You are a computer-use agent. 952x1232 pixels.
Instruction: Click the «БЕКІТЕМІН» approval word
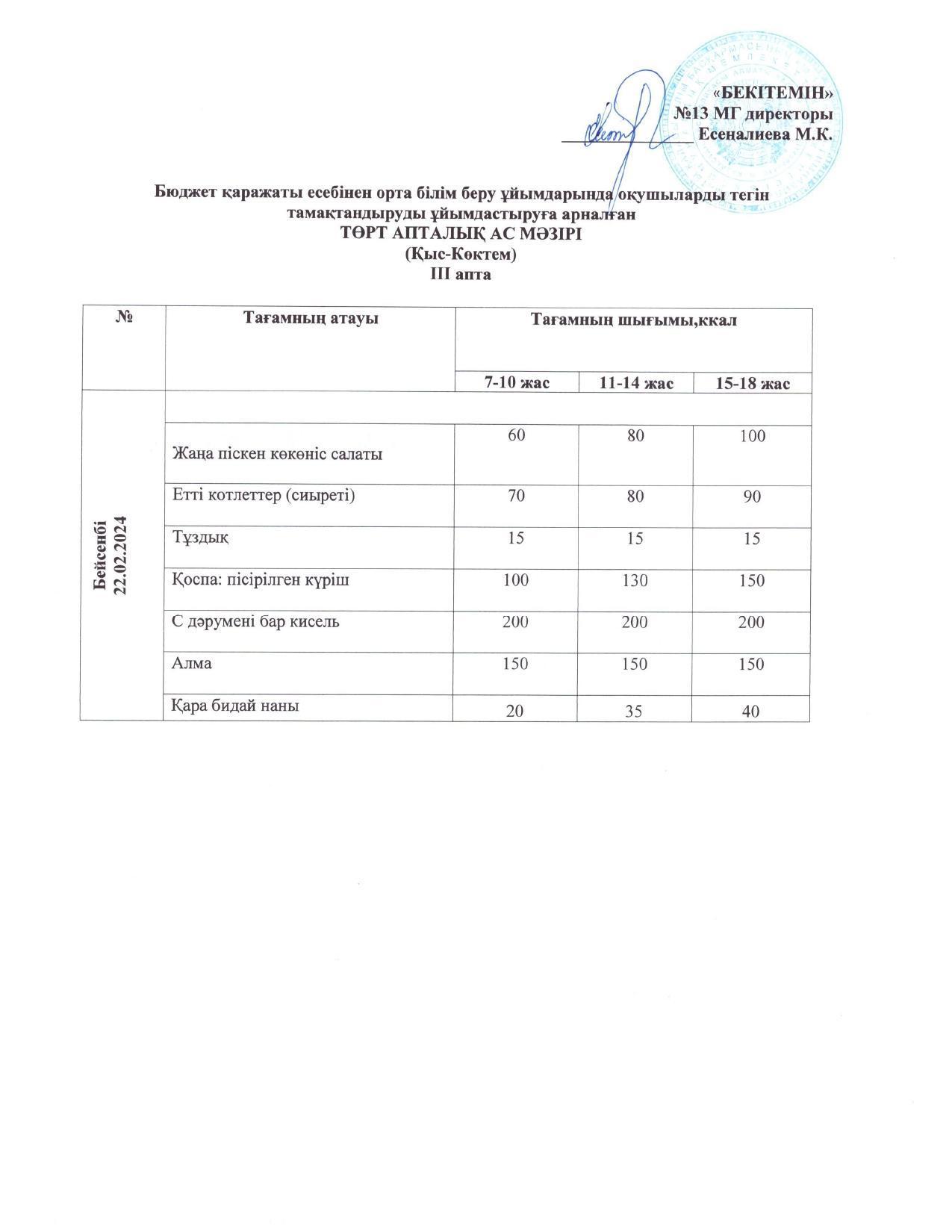tap(773, 93)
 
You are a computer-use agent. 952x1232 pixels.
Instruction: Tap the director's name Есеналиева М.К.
tap(765, 135)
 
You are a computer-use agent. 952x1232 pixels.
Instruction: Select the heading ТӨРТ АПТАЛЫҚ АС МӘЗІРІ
tap(461, 234)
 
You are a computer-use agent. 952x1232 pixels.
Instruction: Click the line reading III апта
tap(461, 274)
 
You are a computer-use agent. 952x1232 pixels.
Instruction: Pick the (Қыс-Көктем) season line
tap(461, 255)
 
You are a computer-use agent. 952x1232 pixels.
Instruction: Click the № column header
tap(124, 318)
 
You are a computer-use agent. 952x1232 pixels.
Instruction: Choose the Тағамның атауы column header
tap(311, 318)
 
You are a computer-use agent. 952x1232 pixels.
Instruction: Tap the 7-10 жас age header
tap(517, 383)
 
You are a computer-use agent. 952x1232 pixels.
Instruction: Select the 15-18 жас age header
tap(753, 383)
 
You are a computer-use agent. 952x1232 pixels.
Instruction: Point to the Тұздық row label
tap(201, 538)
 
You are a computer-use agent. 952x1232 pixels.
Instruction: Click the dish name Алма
tap(192, 663)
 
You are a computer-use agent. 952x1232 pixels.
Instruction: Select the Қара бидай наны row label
tap(236, 705)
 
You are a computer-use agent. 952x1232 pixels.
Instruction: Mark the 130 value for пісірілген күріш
tap(635, 580)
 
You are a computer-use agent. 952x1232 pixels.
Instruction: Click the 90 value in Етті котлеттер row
tap(752, 496)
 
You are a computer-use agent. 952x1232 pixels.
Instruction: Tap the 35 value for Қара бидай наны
tap(635, 712)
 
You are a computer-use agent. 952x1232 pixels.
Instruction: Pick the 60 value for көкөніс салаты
tap(516, 436)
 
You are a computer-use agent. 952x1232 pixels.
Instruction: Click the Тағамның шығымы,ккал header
tap(633, 320)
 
